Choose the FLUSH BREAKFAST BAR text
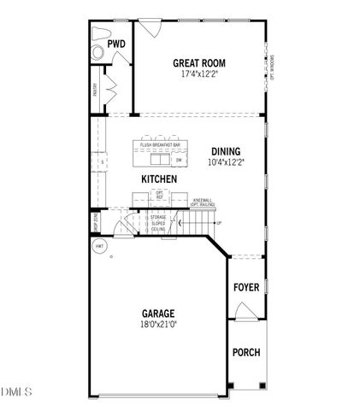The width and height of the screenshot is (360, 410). pos(160,144)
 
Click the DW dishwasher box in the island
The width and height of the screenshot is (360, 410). pos(179,160)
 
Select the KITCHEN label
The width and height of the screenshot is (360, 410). pos(159,179)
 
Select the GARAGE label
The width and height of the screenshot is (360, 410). pos(159,313)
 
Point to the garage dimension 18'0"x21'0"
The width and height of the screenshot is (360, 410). pos(159,325)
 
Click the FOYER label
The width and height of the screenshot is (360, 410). pos(246,287)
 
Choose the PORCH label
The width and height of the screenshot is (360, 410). pos(246,353)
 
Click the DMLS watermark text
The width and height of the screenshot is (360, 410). pos(16,392)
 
